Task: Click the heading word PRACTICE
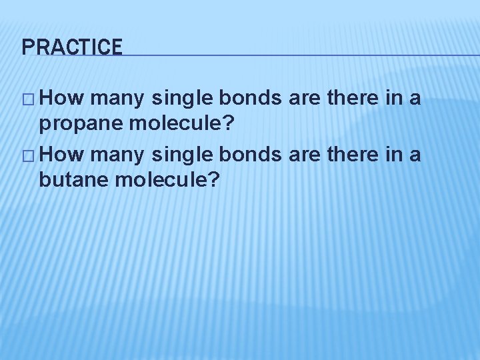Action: point(72,47)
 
